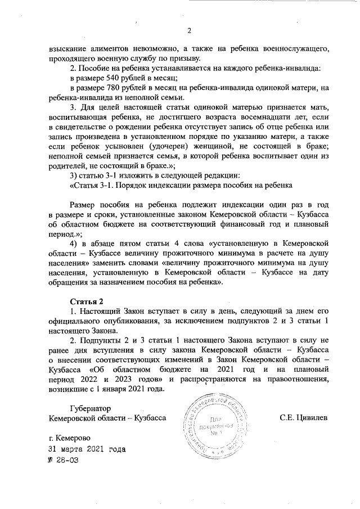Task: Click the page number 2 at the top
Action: pos(189,30)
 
